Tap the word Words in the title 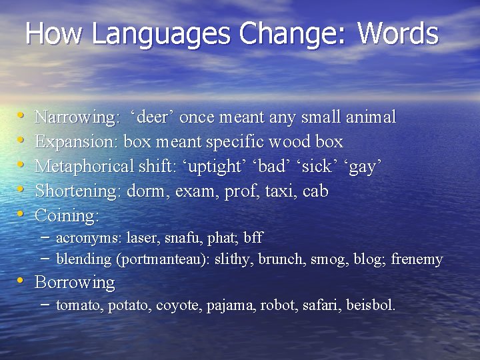click(x=398, y=33)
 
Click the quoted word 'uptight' click(x=205, y=167)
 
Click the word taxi click(x=281, y=191)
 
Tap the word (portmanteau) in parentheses click(x=165, y=259)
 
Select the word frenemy click(x=417, y=259)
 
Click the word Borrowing click(x=75, y=283)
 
